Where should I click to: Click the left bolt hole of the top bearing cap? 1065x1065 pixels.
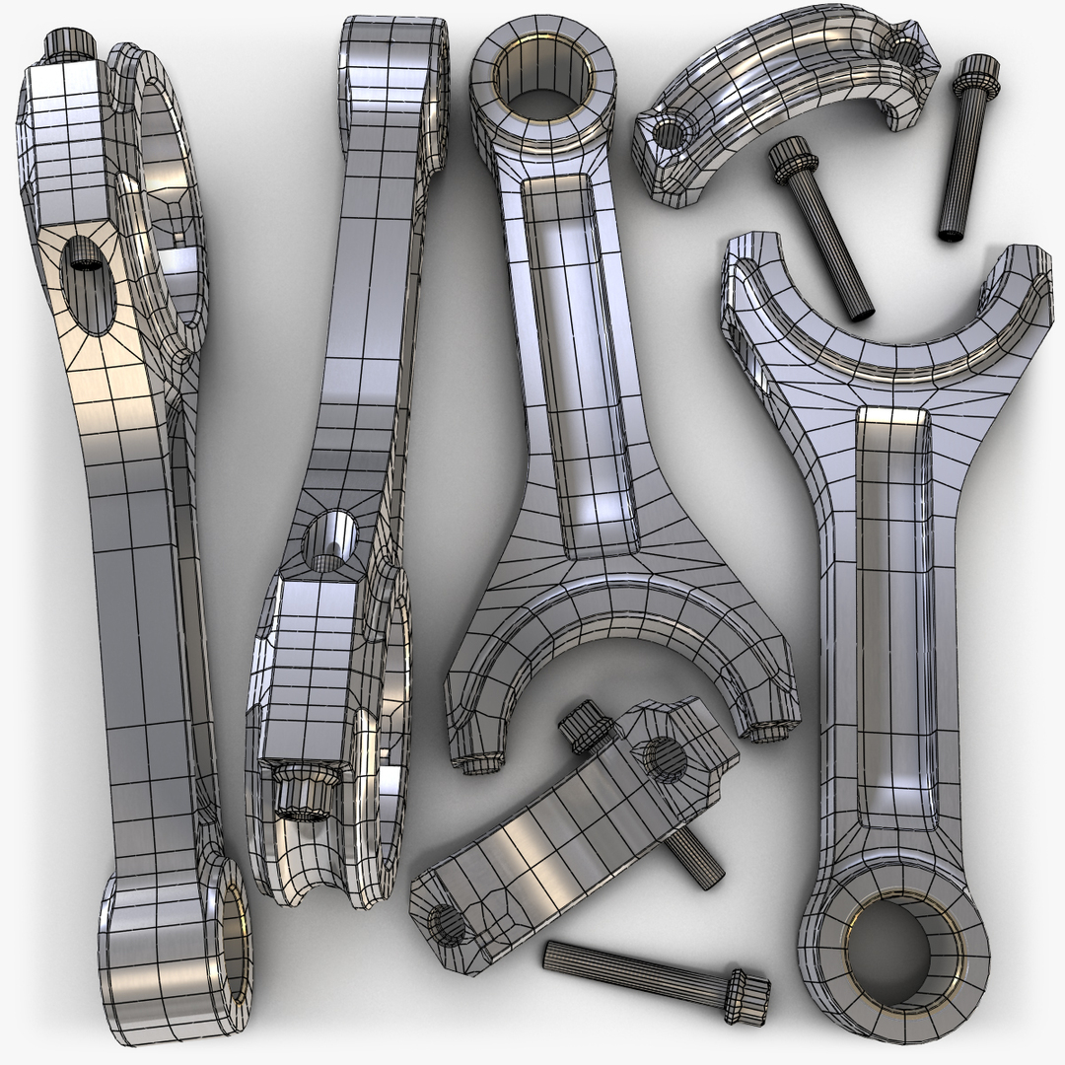(669, 134)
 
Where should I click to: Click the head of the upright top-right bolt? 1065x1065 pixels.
(974, 71)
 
